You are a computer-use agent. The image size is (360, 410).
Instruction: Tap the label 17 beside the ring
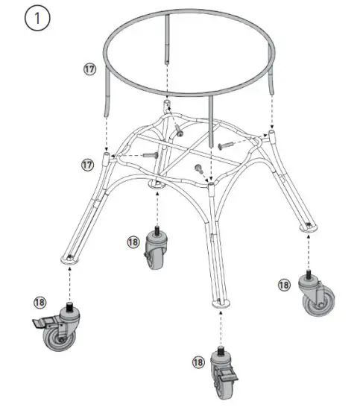coord(89,69)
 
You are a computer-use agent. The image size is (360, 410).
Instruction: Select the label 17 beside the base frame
coord(87,163)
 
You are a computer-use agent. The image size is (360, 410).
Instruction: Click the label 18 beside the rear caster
coord(133,242)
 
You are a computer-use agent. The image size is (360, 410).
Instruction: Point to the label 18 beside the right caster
coord(284,284)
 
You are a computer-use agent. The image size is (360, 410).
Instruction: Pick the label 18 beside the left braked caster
coord(40,301)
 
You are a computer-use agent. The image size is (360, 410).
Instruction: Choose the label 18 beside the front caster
coord(198,362)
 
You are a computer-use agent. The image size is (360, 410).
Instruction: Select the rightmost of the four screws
coord(227,144)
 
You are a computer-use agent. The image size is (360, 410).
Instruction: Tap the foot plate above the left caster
coord(69,258)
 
